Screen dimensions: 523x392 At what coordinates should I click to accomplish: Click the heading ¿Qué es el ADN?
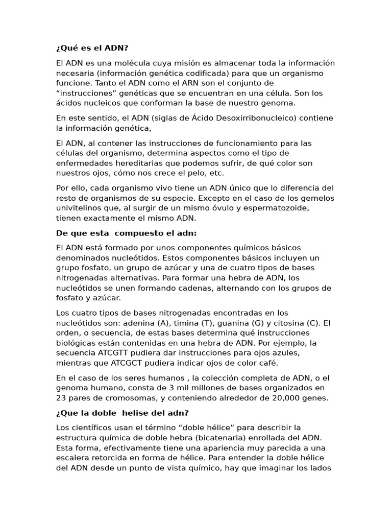pyautogui.click(x=92, y=48)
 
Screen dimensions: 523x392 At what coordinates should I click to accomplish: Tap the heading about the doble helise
pyautogui.click(x=122, y=413)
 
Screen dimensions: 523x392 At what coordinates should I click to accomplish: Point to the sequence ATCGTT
pyautogui.click(x=112, y=353)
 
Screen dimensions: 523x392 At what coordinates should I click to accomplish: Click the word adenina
pyautogui.click(x=141, y=323)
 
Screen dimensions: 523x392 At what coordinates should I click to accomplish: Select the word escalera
pyautogui.click(x=72, y=458)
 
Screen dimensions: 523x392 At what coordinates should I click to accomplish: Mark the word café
pyautogui.click(x=268, y=363)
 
